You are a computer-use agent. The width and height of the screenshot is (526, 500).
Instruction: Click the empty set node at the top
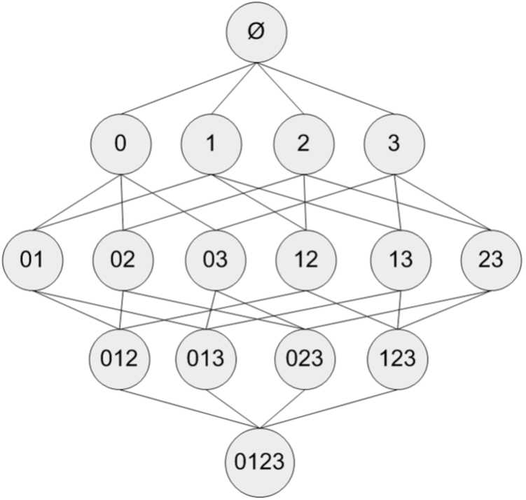[256, 32]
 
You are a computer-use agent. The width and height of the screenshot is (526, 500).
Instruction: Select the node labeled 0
[120, 144]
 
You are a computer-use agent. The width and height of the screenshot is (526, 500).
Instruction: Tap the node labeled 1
[212, 144]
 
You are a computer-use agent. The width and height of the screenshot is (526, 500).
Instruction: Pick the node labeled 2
[304, 144]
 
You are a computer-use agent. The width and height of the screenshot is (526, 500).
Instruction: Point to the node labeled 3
[394, 144]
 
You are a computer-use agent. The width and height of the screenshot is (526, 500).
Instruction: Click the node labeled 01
[32, 261]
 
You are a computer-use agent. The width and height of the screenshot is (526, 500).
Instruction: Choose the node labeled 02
[123, 261]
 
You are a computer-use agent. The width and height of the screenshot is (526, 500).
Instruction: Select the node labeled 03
[216, 261]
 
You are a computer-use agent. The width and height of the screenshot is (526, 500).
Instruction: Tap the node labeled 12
[306, 261]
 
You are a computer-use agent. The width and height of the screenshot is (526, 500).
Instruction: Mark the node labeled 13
[401, 261]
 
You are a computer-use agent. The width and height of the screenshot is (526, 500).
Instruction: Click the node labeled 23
[492, 261]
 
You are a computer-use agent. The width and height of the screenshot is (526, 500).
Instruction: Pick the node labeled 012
[120, 359]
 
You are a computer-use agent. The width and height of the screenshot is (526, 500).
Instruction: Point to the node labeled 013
[206, 359]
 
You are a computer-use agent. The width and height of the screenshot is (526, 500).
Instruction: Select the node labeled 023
[305, 359]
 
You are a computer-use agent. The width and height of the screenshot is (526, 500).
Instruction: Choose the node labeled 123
[398, 359]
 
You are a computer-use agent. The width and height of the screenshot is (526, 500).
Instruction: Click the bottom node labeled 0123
[260, 462]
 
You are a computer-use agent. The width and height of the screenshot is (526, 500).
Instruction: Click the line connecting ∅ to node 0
[189, 88]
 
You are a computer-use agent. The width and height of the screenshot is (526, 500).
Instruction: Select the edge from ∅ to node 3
[325, 88]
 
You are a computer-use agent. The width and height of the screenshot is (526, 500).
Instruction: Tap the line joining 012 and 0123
[190, 409]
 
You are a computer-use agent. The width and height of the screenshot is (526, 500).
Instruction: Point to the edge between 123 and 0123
[328, 409]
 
